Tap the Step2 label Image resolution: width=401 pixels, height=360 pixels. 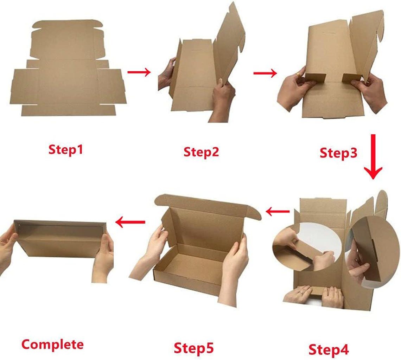point(201,152)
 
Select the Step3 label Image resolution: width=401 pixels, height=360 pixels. point(338,153)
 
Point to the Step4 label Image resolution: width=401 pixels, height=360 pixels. point(329,349)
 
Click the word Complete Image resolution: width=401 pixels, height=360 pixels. point(53,344)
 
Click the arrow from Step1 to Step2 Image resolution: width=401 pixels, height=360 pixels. point(139,72)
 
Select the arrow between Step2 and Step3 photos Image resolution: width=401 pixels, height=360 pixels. point(265,73)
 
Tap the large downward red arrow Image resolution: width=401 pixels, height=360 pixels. point(373,156)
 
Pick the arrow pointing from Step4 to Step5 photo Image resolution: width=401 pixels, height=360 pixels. point(278,212)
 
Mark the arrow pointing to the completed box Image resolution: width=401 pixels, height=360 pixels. point(130,222)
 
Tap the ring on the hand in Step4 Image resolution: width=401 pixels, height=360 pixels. point(300,292)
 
